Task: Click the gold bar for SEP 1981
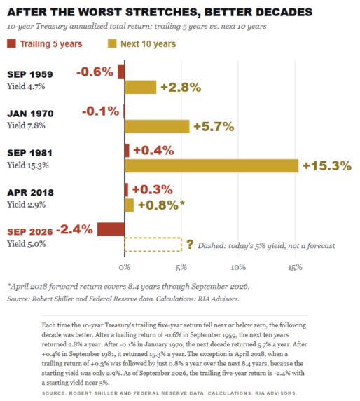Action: (212, 165)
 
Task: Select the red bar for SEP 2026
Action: (111, 229)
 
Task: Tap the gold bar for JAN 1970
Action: (157, 126)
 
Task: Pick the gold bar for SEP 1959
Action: (141, 87)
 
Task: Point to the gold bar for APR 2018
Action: (130, 205)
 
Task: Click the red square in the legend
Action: (11, 43)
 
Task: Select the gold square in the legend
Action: (112, 43)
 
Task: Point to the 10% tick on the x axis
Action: (238, 268)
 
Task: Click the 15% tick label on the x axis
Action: (295, 268)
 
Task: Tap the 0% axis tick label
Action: (125, 268)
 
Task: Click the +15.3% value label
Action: (327, 165)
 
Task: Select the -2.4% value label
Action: (74, 229)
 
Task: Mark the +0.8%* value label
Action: (161, 205)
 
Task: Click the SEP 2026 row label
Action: (30, 232)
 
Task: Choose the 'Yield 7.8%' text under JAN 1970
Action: (26, 125)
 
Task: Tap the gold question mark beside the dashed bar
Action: (190, 245)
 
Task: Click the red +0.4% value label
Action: (153, 150)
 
